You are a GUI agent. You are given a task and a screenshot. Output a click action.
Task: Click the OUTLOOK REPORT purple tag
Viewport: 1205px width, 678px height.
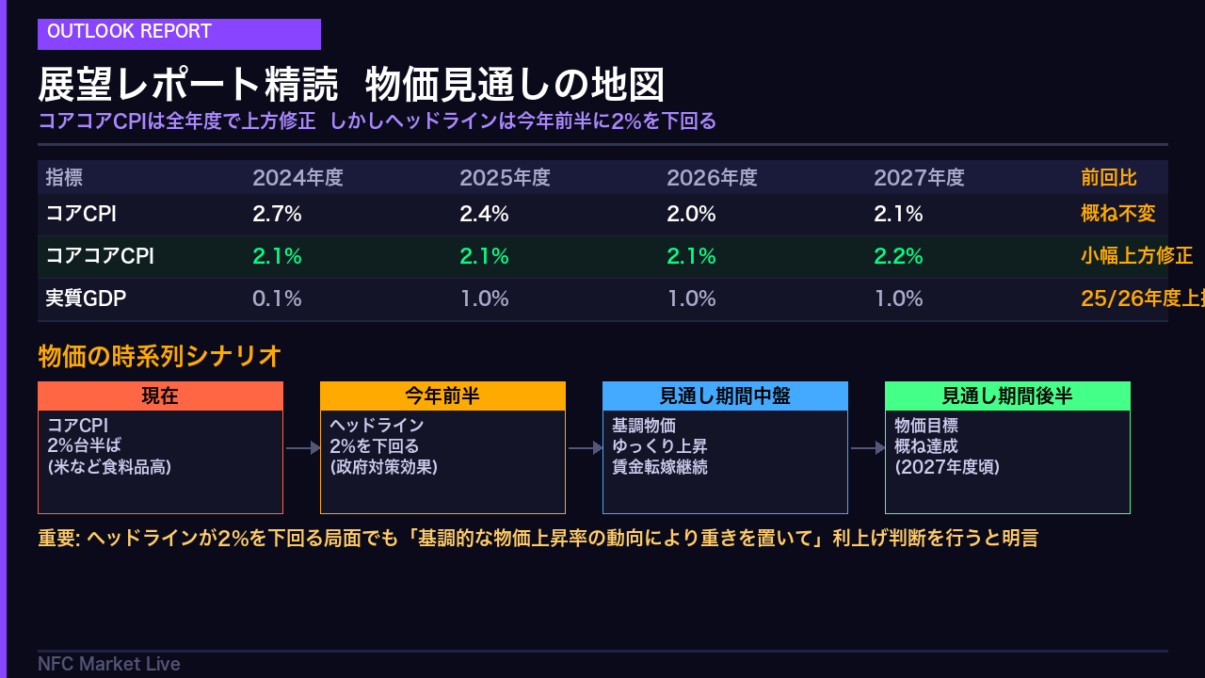point(179,33)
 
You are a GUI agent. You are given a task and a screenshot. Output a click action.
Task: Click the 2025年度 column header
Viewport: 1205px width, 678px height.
point(505,177)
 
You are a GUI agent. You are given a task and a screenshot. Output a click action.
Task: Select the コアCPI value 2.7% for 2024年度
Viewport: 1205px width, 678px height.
point(277,214)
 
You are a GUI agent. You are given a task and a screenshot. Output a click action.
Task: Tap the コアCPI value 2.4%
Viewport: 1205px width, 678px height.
point(484,214)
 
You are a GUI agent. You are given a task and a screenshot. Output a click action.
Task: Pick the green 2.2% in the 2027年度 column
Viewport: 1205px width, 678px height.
point(898,256)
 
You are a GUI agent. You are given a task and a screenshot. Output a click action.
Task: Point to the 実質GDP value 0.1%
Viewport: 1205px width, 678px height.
point(277,299)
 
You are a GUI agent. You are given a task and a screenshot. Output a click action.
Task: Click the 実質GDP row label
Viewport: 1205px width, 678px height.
point(86,299)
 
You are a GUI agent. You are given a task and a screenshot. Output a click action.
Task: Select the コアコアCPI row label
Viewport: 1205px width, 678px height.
point(100,256)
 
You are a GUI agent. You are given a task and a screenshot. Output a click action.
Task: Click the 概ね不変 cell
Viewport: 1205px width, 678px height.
point(1117,214)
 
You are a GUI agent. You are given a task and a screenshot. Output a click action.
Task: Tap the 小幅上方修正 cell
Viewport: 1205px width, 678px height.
point(1136,256)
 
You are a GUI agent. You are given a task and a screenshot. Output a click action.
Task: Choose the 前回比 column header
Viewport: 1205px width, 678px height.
point(1108,177)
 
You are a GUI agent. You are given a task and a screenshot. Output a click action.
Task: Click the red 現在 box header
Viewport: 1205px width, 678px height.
point(160,396)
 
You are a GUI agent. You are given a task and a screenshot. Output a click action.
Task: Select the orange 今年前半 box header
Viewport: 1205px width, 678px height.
point(442,396)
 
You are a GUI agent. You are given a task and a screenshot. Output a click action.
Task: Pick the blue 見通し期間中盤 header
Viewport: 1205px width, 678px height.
point(725,396)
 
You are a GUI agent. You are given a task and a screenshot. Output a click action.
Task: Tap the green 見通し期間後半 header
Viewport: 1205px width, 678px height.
point(1007,396)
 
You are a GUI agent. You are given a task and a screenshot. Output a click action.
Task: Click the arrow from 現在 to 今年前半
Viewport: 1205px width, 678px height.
point(302,449)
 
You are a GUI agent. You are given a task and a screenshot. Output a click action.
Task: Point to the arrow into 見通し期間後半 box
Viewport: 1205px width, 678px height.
point(867,449)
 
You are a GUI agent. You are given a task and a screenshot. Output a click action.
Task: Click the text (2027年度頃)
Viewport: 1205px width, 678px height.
point(947,467)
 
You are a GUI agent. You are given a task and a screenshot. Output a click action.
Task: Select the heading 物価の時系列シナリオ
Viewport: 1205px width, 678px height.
point(160,356)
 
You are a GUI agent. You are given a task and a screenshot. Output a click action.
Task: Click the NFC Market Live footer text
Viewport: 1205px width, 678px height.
point(109,664)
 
